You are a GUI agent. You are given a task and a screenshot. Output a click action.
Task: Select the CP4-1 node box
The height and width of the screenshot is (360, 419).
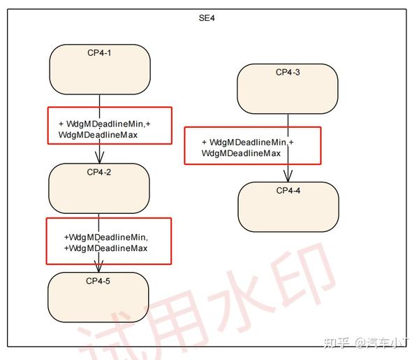[x=99, y=69]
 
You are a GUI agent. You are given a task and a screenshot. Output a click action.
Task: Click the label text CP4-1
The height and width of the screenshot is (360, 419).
[x=99, y=52]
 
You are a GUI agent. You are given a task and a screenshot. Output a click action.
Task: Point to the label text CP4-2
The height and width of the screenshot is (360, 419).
[x=99, y=172]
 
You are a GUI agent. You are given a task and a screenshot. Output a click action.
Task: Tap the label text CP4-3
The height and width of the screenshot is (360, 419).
[x=288, y=72]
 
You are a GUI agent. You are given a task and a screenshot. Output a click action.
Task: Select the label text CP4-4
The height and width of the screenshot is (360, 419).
[x=288, y=191]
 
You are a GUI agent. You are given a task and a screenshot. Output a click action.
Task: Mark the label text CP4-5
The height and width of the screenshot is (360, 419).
[x=98, y=281]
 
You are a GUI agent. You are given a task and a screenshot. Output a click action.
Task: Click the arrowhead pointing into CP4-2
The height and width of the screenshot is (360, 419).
[x=99, y=157]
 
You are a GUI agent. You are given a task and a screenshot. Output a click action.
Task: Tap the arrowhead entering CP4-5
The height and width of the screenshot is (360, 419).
[x=98, y=266]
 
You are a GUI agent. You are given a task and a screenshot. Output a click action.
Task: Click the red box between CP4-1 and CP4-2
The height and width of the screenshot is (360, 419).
[x=109, y=126]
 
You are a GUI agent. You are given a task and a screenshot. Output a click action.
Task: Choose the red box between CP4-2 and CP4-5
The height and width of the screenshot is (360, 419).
[x=108, y=241]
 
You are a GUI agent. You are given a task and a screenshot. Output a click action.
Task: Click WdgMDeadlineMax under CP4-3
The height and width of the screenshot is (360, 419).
[x=241, y=153]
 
